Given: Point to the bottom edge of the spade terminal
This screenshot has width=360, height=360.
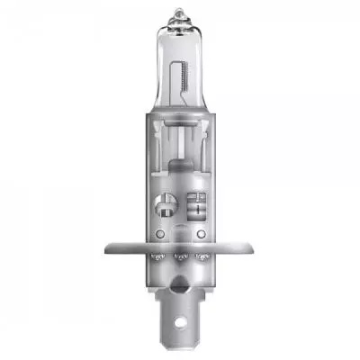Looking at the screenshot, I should click(x=181, y=345).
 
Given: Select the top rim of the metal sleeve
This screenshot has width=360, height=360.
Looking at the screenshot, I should click(x=180, y=143).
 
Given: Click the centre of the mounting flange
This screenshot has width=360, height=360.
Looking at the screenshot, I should click(x=180, y=245).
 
